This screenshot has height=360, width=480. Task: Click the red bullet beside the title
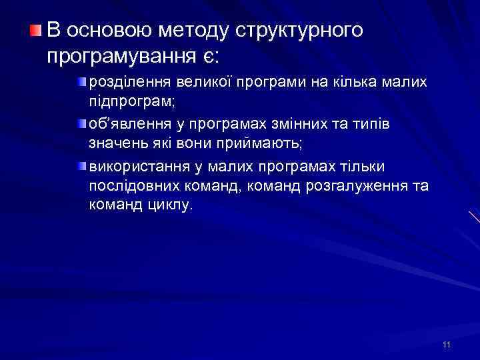coord(35,30)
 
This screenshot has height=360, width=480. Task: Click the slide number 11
coord(446,344)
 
